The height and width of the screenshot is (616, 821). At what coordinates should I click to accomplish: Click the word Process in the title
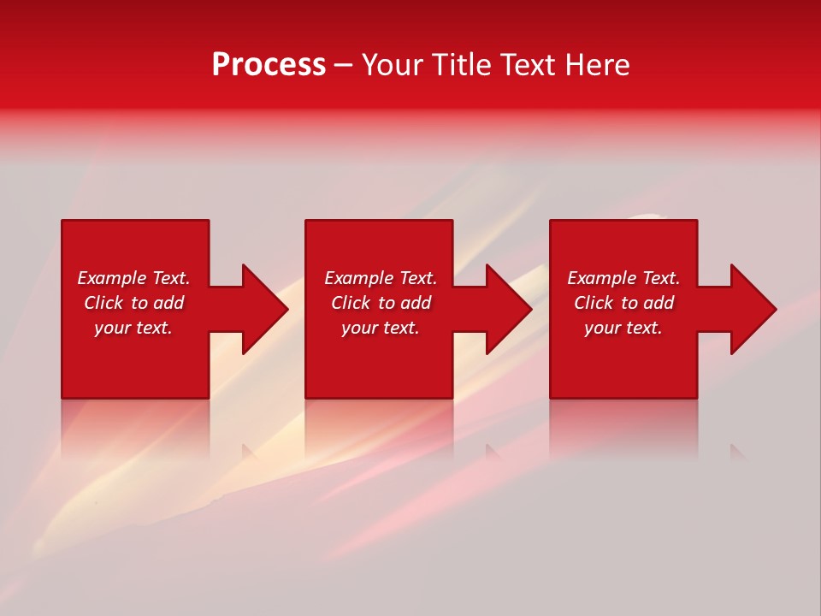pos(269,65)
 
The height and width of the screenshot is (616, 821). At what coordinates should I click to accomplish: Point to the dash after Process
pos(343,66)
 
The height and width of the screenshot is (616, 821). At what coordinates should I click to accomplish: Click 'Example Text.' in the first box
pos(133,278)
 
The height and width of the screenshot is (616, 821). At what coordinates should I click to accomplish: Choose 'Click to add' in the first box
pos(133,303)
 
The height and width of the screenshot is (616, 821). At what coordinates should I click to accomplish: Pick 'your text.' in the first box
pos(133,328)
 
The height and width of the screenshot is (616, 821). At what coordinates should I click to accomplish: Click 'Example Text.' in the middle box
pos(381,278)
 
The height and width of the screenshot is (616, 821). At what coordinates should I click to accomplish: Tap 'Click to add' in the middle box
pos(381,303)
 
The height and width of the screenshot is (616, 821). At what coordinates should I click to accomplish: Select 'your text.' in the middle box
pos(381,328)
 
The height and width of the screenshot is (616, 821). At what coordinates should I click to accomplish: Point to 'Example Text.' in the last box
pos(623,278)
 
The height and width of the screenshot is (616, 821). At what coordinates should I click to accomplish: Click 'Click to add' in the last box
pos(623,303)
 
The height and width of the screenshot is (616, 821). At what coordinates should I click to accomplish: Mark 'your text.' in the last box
pos(623,328)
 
